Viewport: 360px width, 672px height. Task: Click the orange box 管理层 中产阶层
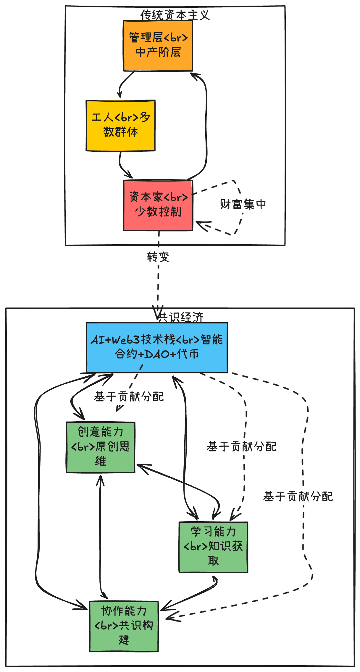tap(158, 46)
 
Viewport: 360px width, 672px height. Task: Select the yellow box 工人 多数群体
tap(120, 126)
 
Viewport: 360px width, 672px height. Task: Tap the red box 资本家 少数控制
tap(158, 205)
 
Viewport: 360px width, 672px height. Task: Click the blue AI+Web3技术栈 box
tap(157, 347)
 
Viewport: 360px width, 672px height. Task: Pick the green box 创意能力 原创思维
tap(101, 447)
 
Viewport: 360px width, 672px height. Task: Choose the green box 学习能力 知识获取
tap(213, 547)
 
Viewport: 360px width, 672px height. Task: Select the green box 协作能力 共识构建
tap(124, 626)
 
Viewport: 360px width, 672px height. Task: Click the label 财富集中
tap(243, 204)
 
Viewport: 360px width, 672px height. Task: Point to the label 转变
tap(158, 257)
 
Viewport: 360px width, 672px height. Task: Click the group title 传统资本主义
tap(175, 15)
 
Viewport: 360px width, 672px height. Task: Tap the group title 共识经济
tap(180, 317)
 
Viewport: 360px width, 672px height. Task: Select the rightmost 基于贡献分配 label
tap(298, 497)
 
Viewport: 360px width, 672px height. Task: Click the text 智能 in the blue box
tap(212, 340)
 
